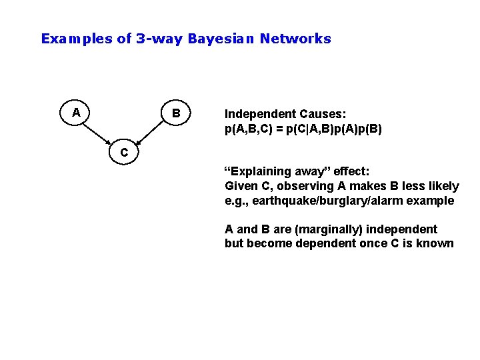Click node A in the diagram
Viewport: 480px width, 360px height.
point(77,113)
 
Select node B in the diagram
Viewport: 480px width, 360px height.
point(175,113)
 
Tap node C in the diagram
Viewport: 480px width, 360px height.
point(124,152)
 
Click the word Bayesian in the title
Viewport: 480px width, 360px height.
point(222,39)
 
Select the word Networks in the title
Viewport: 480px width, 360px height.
point(295,39)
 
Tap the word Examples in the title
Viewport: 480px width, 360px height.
point(77,39)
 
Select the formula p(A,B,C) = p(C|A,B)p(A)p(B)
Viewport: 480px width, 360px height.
point(303,129)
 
